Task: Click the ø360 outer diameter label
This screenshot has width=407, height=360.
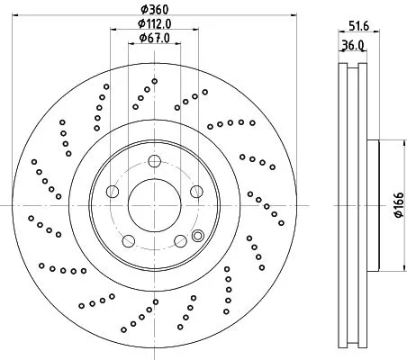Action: pyautogui.click(x=154, y=8)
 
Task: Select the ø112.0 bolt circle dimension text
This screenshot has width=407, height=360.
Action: pyautogui.click(x=154, y=23)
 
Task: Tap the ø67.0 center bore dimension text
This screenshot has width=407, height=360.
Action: pyautogui.click(x=154, y=39)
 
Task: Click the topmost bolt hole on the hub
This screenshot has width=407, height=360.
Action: pyautogui.click(x=154, y=161)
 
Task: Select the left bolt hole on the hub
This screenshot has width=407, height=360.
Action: pyautogui.click(x=113, y=191)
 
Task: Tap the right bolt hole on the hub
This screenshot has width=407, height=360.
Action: pyautogui.click(x=195, y=191)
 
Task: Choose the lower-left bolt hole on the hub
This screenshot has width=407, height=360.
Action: pyautogui.click(x=128, y=239)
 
